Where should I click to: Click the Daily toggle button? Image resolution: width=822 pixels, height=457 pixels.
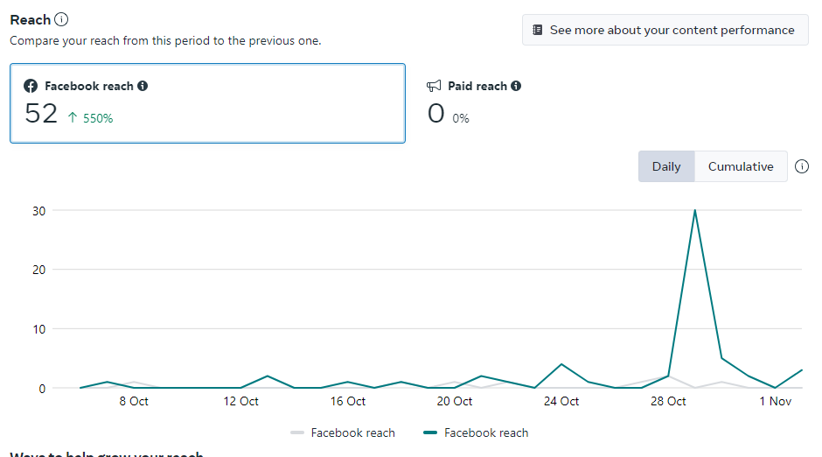665,166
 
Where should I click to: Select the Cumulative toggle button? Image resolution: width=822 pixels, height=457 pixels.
741,166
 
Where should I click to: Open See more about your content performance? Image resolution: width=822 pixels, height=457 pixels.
664,30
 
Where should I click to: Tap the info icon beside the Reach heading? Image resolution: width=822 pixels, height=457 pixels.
61,19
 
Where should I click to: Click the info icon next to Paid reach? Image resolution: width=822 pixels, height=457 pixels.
516,86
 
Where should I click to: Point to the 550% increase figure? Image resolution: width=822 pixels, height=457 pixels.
90,118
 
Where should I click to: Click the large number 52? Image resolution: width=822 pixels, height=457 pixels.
41,114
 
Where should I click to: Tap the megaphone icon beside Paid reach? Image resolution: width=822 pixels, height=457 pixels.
435,86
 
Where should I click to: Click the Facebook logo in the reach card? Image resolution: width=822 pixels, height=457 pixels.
31,86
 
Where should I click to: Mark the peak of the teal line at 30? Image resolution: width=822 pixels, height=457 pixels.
695,210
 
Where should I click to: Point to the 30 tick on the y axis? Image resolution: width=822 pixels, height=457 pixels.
38,210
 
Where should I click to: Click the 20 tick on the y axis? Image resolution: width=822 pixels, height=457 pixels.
38,270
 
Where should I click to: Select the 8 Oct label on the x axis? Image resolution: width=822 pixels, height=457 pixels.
134,401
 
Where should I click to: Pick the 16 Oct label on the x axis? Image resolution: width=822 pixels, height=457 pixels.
348,401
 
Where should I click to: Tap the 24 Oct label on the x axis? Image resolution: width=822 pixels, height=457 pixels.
561,401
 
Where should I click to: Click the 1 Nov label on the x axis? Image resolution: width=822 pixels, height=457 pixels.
775,401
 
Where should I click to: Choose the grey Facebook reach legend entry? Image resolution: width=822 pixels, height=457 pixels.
343,432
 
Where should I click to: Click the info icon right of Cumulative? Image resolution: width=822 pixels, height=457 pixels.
802,166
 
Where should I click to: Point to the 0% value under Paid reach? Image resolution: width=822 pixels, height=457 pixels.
461,118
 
